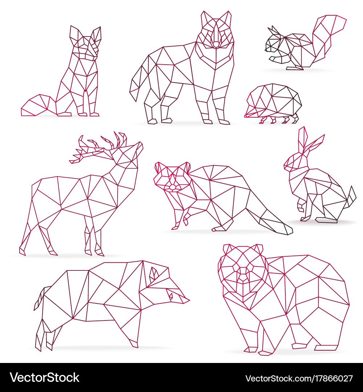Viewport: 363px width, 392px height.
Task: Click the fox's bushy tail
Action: [x=37, y=106]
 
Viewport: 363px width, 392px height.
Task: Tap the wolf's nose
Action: [x=216, y=45]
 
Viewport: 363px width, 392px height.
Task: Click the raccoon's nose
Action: [x=172, y=187]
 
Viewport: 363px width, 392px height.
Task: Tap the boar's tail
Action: [x=40, y=299]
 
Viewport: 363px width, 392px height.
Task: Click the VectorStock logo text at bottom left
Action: [x=45, y=377]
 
